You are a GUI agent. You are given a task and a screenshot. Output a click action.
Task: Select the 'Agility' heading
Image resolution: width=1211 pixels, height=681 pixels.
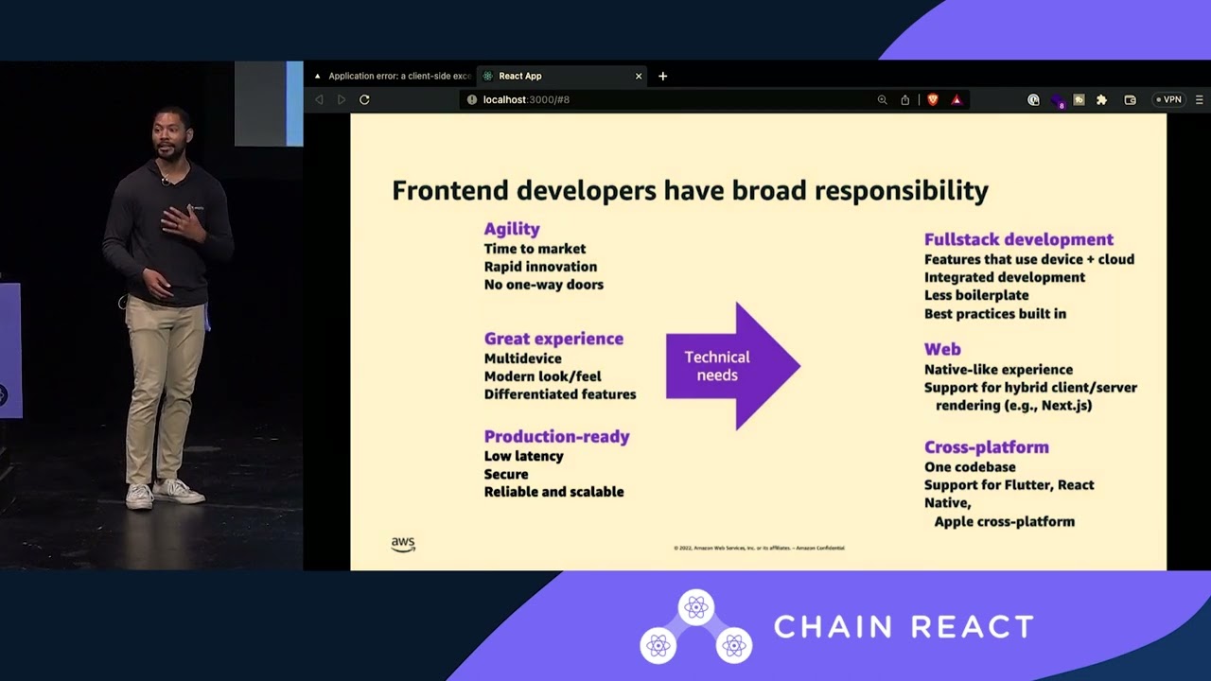512,229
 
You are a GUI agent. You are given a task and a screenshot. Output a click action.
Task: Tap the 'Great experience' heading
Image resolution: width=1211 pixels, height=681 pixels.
553,339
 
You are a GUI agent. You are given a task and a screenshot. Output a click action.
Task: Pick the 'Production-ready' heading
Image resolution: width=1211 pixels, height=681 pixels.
556,436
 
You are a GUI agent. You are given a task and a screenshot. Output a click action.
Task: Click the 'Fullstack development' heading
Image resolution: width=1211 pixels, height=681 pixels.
1018,239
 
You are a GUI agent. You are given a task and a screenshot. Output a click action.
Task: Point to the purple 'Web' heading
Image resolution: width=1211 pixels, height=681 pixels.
942,349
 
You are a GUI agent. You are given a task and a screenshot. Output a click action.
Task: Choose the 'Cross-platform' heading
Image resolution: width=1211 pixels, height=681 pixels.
986,446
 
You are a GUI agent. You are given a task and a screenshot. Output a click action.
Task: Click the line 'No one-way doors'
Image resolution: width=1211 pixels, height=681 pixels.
543,285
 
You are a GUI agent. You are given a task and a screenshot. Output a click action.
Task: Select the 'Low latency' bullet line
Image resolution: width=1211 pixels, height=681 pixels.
523,456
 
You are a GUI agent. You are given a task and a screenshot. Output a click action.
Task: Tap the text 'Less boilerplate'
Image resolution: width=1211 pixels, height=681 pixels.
975,295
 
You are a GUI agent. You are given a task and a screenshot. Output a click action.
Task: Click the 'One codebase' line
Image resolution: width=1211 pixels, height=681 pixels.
970,467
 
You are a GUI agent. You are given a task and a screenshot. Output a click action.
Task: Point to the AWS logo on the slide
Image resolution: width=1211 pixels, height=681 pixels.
403,544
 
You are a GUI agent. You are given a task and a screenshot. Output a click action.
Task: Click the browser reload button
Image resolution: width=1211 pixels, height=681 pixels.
364,99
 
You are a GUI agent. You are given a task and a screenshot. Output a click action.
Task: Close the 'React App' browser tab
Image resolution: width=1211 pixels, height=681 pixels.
639,76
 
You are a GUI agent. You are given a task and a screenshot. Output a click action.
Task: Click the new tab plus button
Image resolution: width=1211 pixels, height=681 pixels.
662,76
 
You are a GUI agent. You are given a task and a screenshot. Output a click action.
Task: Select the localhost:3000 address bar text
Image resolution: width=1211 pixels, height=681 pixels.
526,99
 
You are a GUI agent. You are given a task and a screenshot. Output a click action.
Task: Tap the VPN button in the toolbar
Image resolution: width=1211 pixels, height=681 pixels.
1168,99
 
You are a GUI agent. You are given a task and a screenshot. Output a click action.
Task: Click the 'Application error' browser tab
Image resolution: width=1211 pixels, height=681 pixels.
393,76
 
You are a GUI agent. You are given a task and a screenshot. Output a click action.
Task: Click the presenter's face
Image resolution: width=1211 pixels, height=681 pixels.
173,134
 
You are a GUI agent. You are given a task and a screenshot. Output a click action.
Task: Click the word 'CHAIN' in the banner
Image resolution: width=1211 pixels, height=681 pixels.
833,627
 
